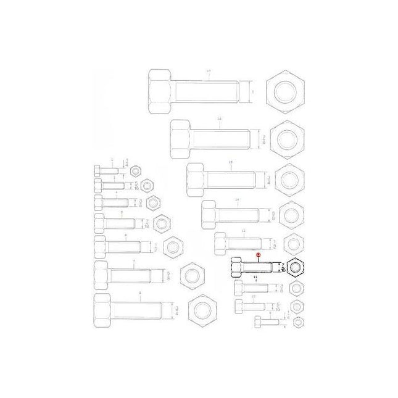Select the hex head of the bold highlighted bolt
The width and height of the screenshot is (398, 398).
[x=235, y=269]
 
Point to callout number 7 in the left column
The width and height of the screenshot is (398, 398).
[x=134, y=262]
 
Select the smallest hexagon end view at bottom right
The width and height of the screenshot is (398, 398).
[x=300, y=321]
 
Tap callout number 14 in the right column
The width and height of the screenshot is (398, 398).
[x=237, y=201]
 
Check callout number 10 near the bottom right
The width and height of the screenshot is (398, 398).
[x=254, y=297]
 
